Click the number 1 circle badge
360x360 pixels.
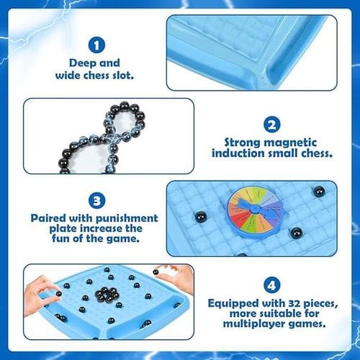tap(96, 45)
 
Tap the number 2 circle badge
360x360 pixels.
tap(271, 125)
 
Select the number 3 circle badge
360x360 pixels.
tap(96, 201)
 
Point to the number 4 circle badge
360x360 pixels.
tap(271, 285)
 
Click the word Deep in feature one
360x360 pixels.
tap(83, 63)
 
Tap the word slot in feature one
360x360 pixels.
tap(123, 76)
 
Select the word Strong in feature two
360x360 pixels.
tap(243, 143)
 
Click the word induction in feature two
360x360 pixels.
tap(238, 153)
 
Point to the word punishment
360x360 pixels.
tap(127, 219)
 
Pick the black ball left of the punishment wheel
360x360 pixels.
tap(201, 217)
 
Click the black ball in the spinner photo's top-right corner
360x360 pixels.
tap(319, 192)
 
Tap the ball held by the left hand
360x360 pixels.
tap(58, 294)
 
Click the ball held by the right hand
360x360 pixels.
tap(156, 272)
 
